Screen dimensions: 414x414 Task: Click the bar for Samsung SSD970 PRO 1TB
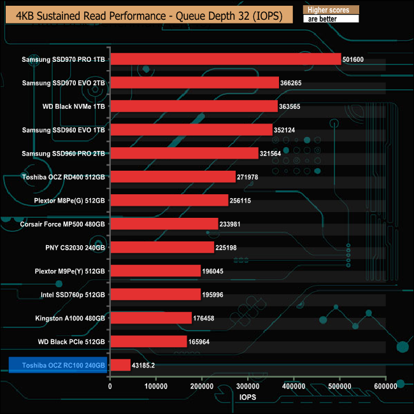[x=225, y=59]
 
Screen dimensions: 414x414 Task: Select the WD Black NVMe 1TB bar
[x=194, y=106]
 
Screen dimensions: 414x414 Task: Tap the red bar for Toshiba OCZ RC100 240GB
[x=120, y=365]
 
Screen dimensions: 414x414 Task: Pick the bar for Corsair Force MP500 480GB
[x=164, y=224]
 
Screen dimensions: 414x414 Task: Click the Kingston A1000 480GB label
[x=70, y=318]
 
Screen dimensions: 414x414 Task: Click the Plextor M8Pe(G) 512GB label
[x=69, y=201]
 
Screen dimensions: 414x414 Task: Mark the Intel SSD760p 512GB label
[x=72, y=294]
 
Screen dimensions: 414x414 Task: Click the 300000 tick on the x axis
[x=248, y=386]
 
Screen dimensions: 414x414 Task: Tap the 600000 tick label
[x=385, y=386]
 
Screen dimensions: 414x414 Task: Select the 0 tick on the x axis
[x=110, y=386]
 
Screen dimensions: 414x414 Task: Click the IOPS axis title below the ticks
[x=247, y=398]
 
